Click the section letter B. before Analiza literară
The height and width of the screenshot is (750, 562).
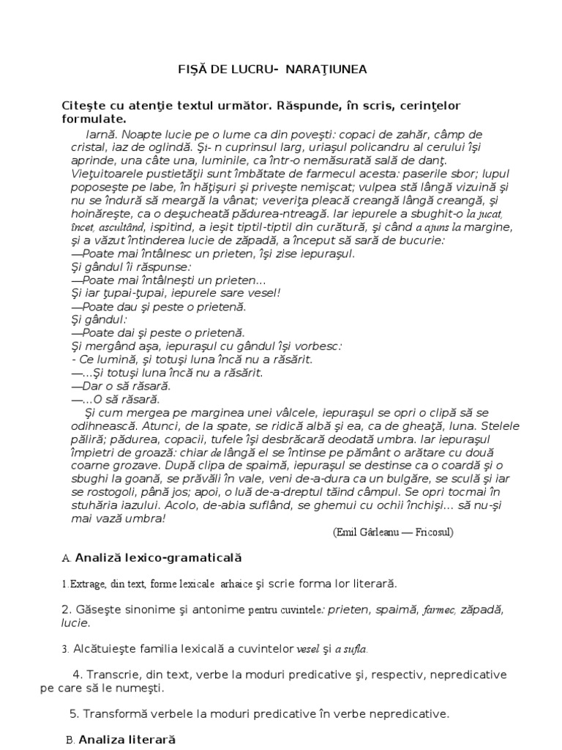pyautogui.click(x=70, y=740)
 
